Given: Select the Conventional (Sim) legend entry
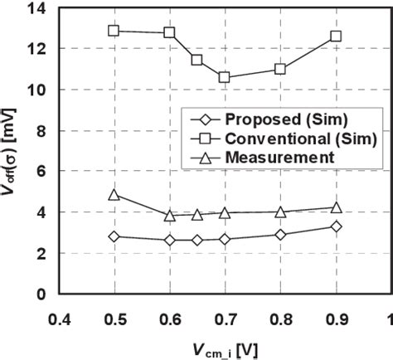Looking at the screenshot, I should click(282, 138).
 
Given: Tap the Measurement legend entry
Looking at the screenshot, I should click(274, 156).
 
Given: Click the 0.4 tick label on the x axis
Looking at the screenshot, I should click(59, 319).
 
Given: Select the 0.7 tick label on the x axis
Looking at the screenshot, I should click(225, 319).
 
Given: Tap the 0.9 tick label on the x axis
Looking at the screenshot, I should click(336, 319).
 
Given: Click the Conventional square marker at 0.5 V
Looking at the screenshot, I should click(114, 31).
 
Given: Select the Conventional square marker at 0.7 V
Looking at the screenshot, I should click(225, 77).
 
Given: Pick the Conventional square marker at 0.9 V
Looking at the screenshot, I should click(336, 36).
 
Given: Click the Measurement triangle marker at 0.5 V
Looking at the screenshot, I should click(114, 195).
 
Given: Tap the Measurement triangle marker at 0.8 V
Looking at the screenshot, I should click(280, 212).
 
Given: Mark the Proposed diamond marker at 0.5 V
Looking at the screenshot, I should click(114, 236).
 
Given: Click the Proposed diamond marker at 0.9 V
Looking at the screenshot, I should click(336, 226).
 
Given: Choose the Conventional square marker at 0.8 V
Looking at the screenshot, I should click(280, 69).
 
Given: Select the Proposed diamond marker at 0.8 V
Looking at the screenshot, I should click(280, 235).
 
